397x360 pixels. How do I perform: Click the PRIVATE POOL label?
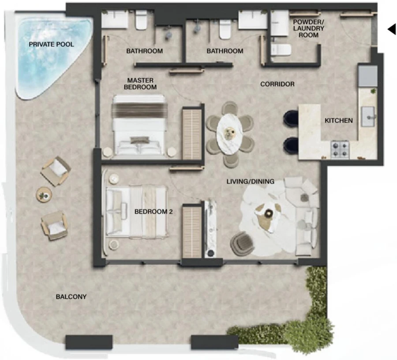[x=51, y=44]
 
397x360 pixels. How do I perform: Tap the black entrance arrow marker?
[x=391, y=29]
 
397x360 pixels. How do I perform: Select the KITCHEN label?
[x=339, y=120]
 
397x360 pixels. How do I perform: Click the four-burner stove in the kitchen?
[x=340, y=149]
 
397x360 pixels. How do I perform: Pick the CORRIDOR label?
[x=277, y=84]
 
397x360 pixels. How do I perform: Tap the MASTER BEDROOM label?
[x=140, y=84]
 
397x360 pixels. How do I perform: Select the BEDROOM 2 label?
[x=154, y=212]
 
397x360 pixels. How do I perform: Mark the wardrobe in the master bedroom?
[x=191, y=133]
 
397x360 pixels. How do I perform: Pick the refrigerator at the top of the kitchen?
[x=367, y=76]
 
